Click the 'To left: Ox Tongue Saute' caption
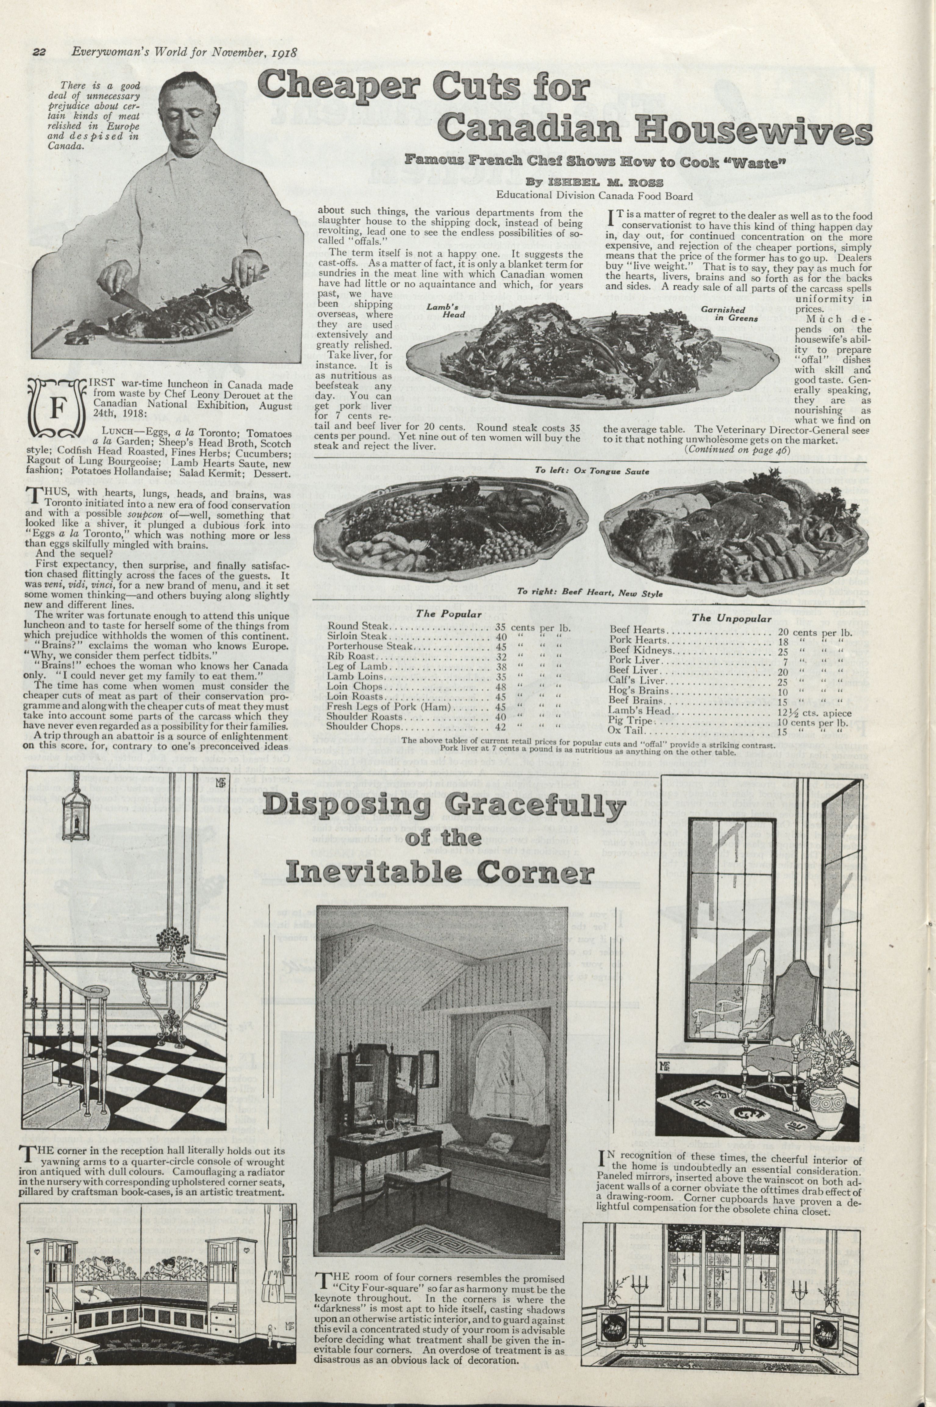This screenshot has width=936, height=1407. click(592, 471)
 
